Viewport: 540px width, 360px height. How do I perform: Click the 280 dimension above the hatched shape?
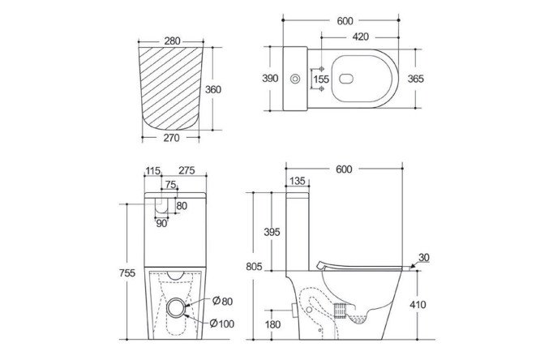click(172, 41)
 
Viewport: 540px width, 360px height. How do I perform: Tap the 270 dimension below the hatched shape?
click(172, 138)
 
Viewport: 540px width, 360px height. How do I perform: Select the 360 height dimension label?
click(213, 89)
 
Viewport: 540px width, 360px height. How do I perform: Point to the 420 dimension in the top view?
click(361, 36)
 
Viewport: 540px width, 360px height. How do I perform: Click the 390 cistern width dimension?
click(270, 79)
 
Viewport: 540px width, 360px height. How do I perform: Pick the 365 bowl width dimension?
click(416, 79)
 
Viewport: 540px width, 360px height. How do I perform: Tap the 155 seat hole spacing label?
click(321, 79)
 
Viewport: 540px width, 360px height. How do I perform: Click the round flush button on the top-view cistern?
click(295, 79)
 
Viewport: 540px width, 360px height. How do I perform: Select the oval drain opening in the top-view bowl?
click(346, 79)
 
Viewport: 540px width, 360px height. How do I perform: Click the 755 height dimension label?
click(127, 273)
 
